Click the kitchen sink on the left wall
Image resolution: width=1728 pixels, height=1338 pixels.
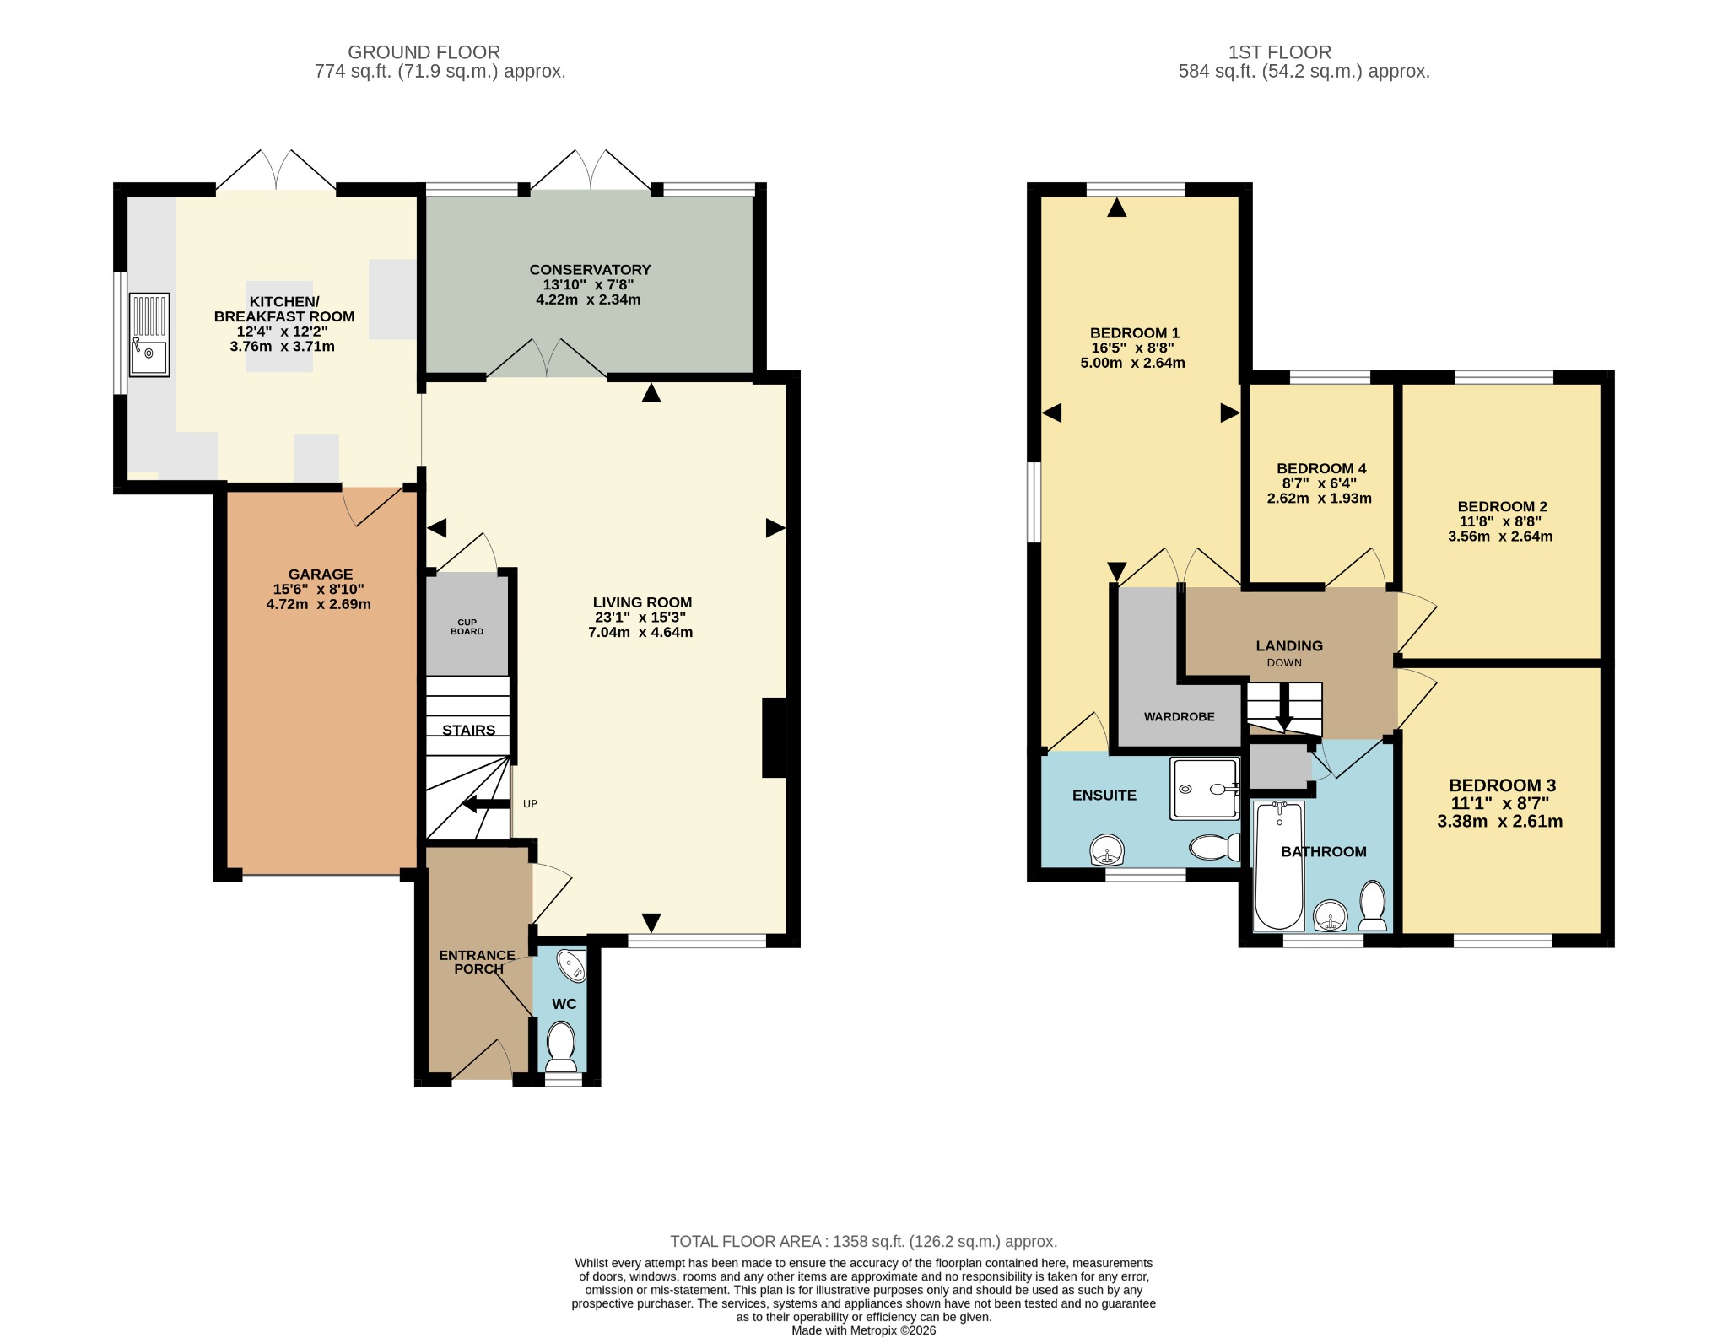pyautogui.click(x=148, y=334)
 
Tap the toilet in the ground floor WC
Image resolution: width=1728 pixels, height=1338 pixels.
pyautogui.click(x=560, y=1045)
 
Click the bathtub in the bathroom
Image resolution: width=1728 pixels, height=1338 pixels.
pyautogui.click(x=1279, y=866)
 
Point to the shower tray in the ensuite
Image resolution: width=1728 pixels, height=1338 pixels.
pyautogui.click(x=1204, y=789)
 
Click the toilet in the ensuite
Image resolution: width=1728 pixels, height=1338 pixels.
pyautogui.click(x=1215, y=847)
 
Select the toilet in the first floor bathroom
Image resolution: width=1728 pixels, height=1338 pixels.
pyautogui.click(x=1373, y=906)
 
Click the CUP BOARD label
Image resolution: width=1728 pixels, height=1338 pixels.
pyautogui.click(x=467, y=626)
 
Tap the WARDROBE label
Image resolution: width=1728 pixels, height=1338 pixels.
pyautogui.click(x=1180, y=717)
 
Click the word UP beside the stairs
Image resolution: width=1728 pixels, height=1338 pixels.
pyautogui.click(x=530, y=804)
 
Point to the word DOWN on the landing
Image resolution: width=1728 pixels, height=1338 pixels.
pyautogui.click(x=1284, y=663)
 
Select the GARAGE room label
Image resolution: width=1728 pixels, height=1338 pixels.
pyautogui.click(x=321, y=575)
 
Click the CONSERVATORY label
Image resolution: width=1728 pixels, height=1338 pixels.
pyautogui.click(x=590, y=270)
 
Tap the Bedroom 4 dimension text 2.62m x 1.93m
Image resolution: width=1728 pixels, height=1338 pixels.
pyautogui.click(x=1320, y=499)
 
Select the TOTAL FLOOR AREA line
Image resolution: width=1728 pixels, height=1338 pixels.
pyautogui.click(x=863, y=1242)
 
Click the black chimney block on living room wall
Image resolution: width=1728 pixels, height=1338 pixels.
pyautogui.click(x=775, y=737)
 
